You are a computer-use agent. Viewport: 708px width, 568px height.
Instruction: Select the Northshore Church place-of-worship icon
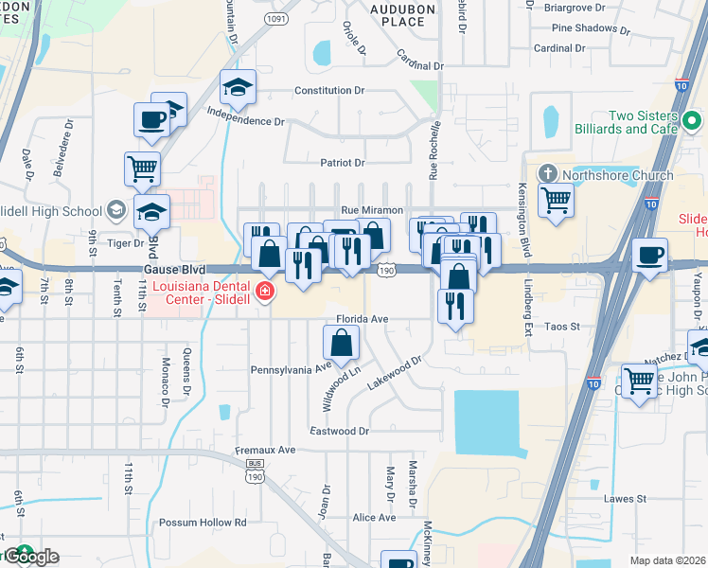pos(546,175)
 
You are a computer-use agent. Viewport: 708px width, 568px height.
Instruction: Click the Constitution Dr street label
pos(329,90)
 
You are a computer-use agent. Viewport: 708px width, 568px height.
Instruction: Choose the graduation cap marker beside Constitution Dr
pos(237,89)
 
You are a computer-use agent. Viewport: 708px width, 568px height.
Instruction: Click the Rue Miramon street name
pos(372,209)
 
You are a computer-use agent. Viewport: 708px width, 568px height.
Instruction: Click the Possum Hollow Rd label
pos(203,522)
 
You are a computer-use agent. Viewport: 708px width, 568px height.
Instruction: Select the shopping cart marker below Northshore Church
pos(556,200)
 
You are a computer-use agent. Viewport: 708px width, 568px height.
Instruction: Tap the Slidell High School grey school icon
pos(115,208)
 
